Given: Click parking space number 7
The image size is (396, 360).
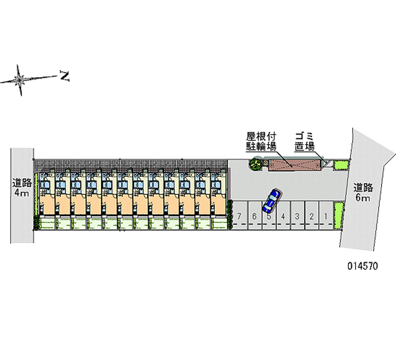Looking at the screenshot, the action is [240, 215].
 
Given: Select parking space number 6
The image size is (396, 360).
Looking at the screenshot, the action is [254, 215].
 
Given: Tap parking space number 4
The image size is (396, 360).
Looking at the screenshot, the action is [283, 215].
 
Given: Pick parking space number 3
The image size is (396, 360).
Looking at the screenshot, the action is [297, 215].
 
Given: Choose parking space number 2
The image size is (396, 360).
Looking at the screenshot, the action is [312, 215].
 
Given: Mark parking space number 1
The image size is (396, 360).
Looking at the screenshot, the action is [326, 215].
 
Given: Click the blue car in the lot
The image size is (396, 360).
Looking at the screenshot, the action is [271, 201].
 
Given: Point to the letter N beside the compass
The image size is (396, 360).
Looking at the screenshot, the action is [65, 76].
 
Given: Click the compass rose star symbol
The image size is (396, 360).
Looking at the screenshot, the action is [19, 80].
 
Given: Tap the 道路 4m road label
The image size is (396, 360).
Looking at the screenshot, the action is [22, 188].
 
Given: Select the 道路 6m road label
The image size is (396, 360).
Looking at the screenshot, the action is [363, 192].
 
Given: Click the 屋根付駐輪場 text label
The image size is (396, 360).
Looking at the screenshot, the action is [261, 141].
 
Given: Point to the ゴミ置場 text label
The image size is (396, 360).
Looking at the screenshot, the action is [304, 141].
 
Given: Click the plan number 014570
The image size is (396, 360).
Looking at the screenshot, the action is [363, 266].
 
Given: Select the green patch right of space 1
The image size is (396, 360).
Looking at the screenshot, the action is [338, 215].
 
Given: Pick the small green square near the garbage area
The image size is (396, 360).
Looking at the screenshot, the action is [341, 165].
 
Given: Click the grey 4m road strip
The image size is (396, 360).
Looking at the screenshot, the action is [22, 196].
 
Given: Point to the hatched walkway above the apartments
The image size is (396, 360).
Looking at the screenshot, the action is [131, 165].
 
